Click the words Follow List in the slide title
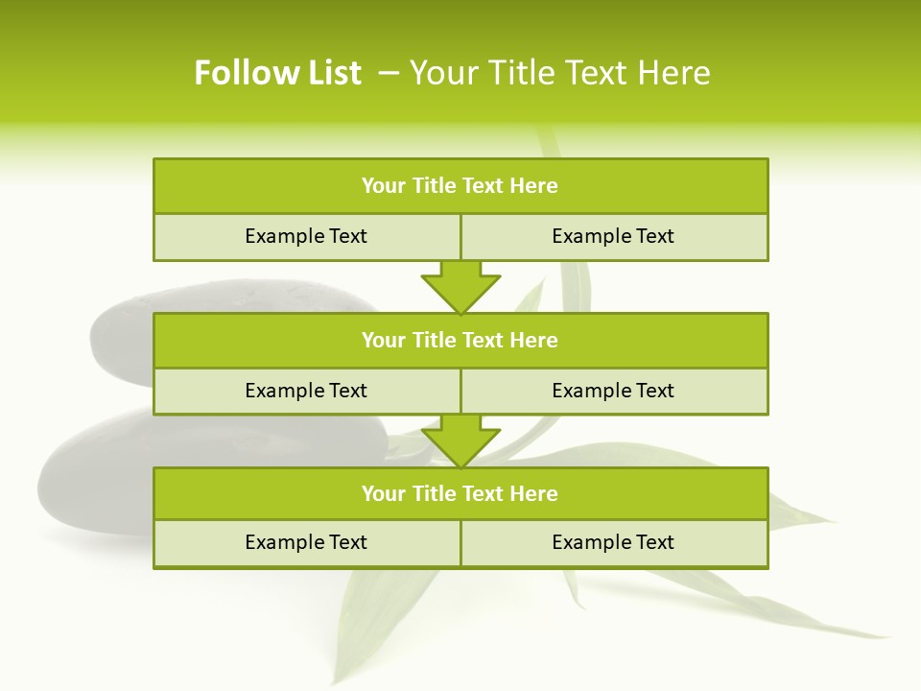tap(277, 73)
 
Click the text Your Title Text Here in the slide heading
tap(559, 73)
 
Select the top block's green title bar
tap(460, 186)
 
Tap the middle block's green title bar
tap(460, 340)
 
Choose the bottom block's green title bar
tap(460, 493)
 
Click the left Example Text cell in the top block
tap(306, 236)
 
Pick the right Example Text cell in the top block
tap(613, 236)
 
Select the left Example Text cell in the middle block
tap(306, 391)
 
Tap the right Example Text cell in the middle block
tap(613, 391)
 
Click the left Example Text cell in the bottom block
tap(306, 542)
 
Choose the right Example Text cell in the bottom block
tap(613, 542)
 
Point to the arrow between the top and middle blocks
tap(460, 288)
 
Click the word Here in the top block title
tap(534, 186)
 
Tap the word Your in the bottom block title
tap(384, 493)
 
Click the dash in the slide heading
tap(390, 73)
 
